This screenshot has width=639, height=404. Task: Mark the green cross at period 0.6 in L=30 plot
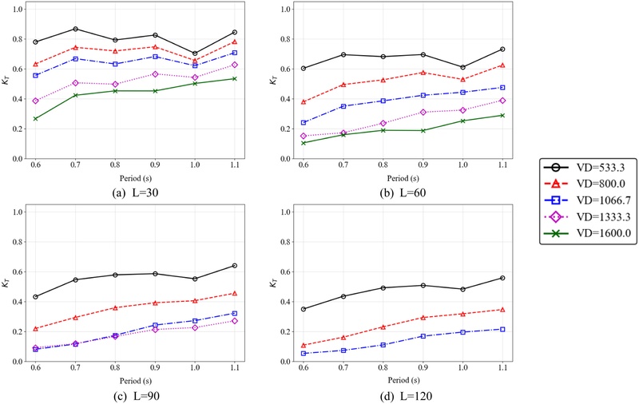tap(35, 119)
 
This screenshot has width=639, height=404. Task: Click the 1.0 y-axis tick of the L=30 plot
tap(18, 9)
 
